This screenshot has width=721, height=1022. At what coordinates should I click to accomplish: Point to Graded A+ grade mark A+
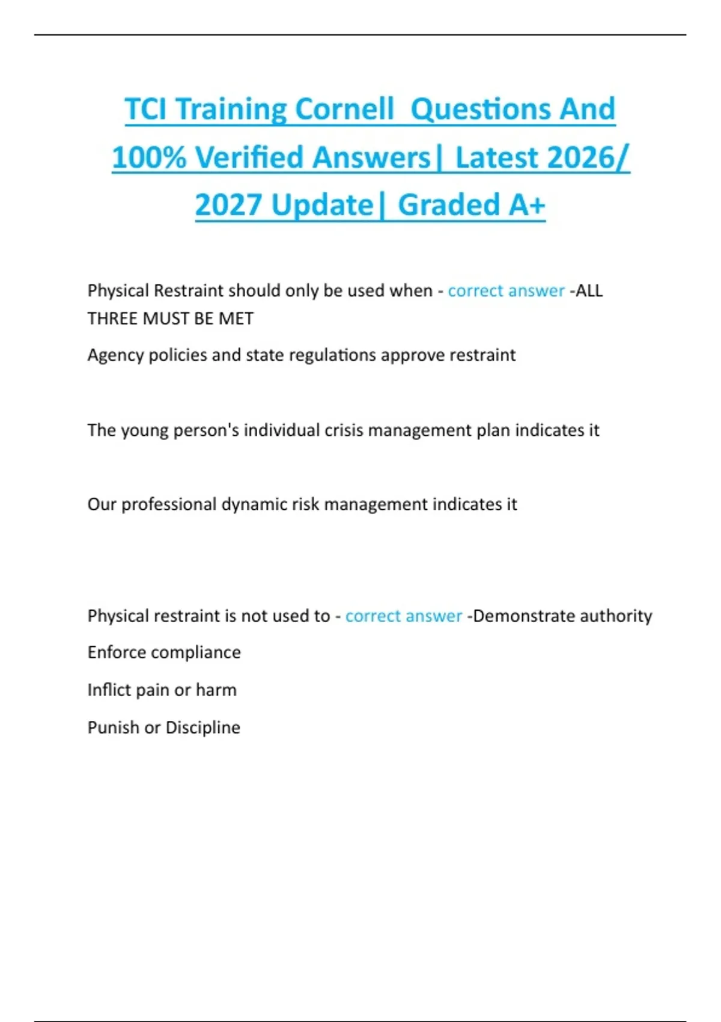click(527, 205)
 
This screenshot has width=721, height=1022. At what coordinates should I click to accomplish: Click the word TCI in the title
click(146, 109)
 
